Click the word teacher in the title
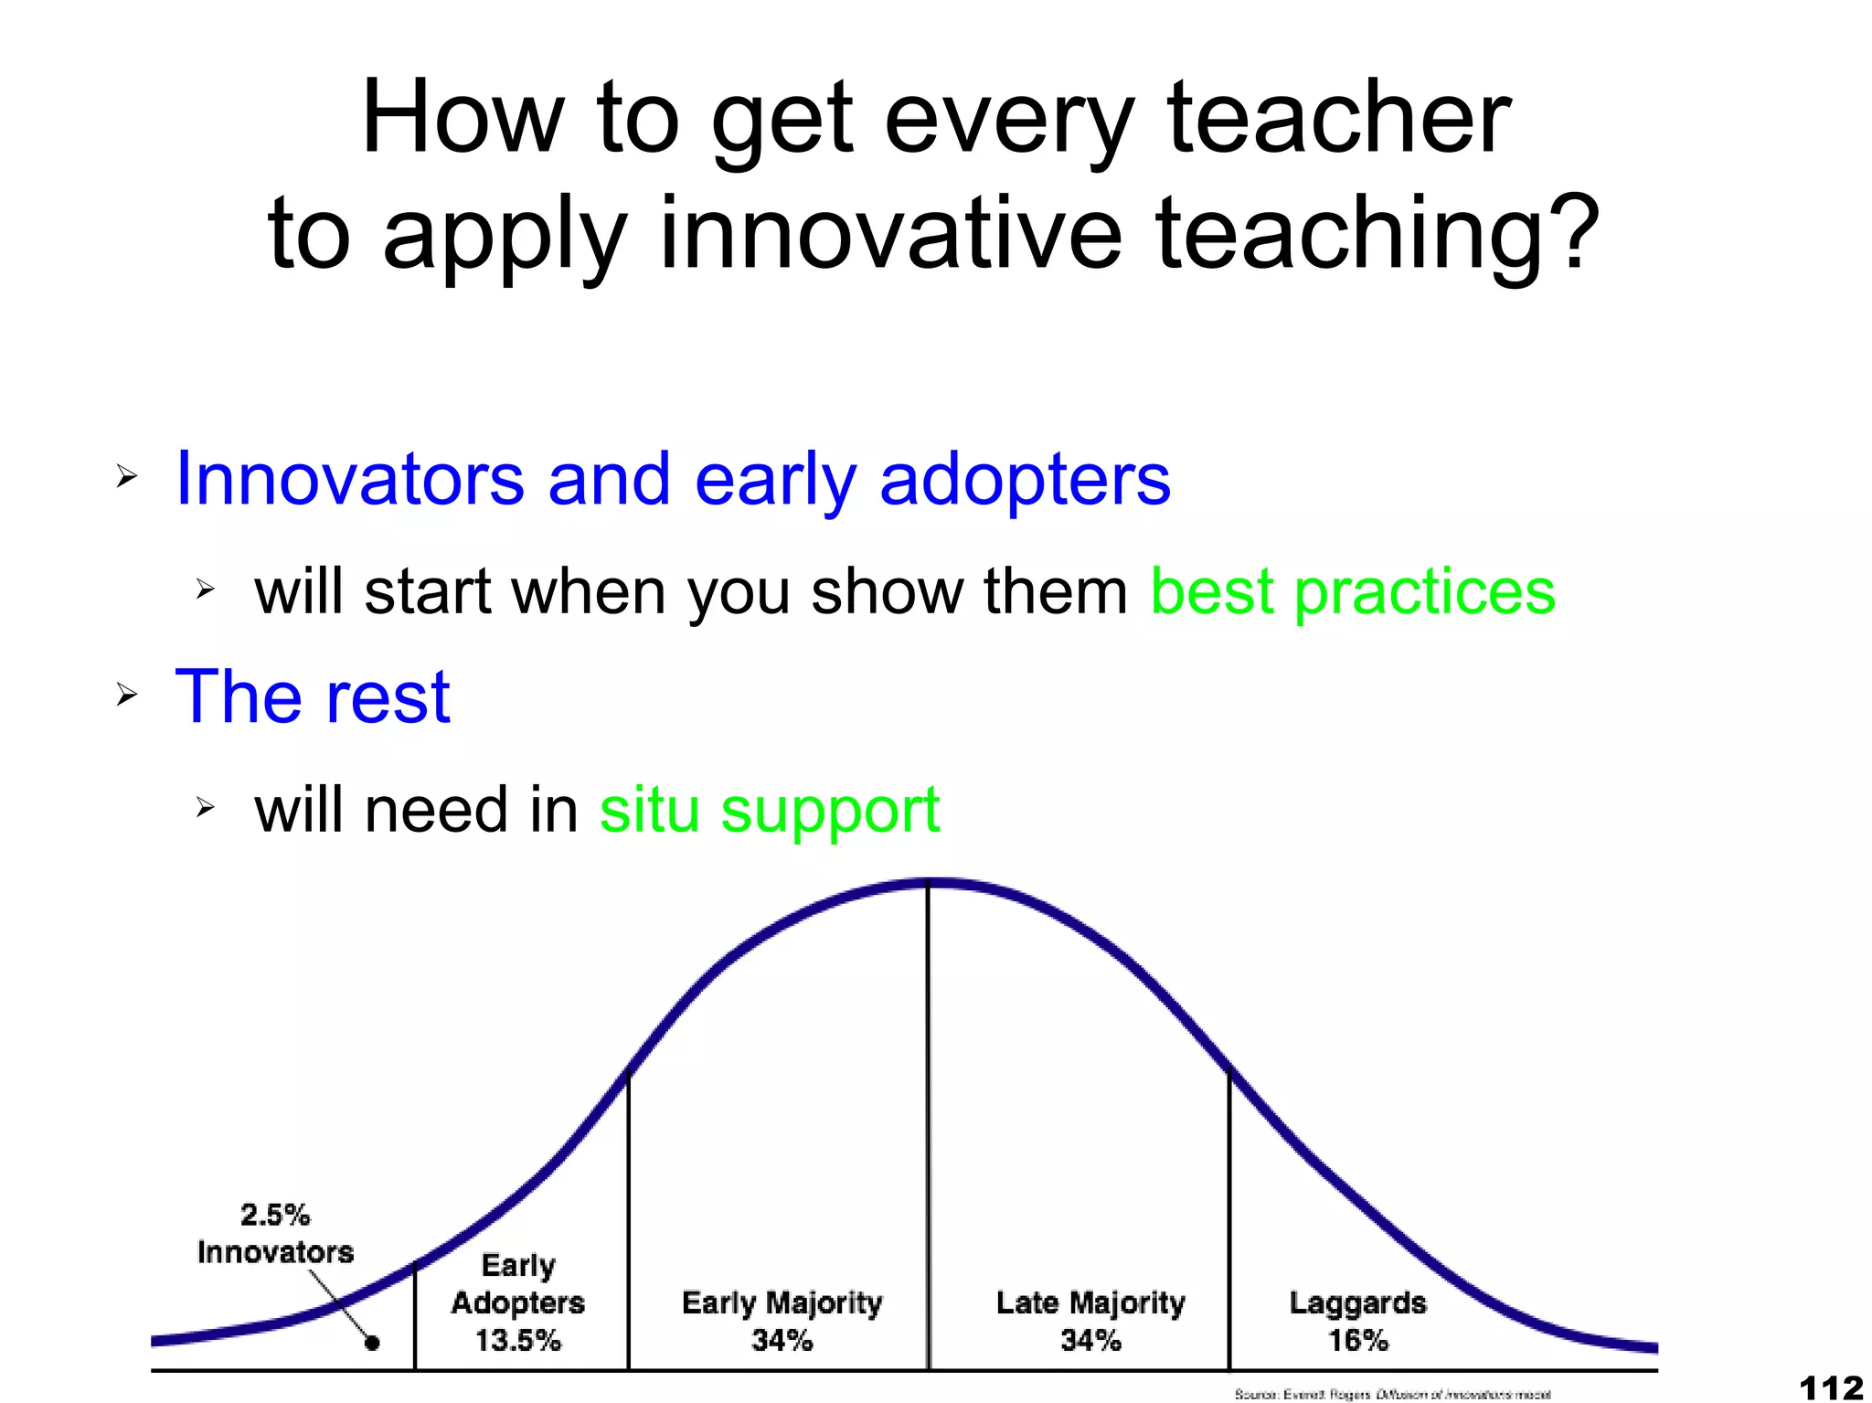(x=1338, y=119)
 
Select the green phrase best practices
(x=1352, y=591)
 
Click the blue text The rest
(x=313, y=696)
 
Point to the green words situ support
(x=769, y=810)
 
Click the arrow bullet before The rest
(x=126, y=696)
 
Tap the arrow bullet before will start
(x=205, y=590)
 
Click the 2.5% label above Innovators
(x=275, y=1215)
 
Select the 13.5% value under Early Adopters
(x=517, y=1340)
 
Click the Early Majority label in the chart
(x=782, y=1302)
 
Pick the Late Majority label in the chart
(x=1090, y=1302)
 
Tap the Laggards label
(x=1357, y=1302)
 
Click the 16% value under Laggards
(x=1357, y=1340)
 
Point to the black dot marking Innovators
(x=372, y=1343)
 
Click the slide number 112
(x=1831, y=1387)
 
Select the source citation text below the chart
(x=1392, y=1395)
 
